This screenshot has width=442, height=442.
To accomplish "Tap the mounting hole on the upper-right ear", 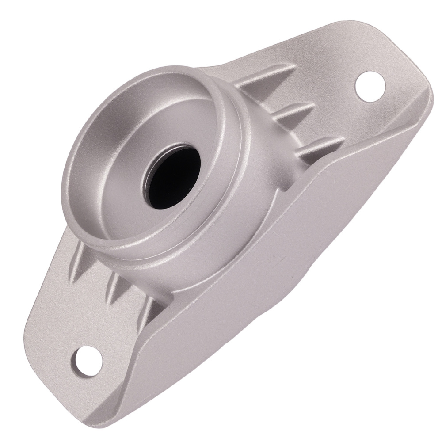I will pyautogui.click(x=370, y=86).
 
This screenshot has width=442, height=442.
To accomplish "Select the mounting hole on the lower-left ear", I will pyautogui.click(x=87, y=359).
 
